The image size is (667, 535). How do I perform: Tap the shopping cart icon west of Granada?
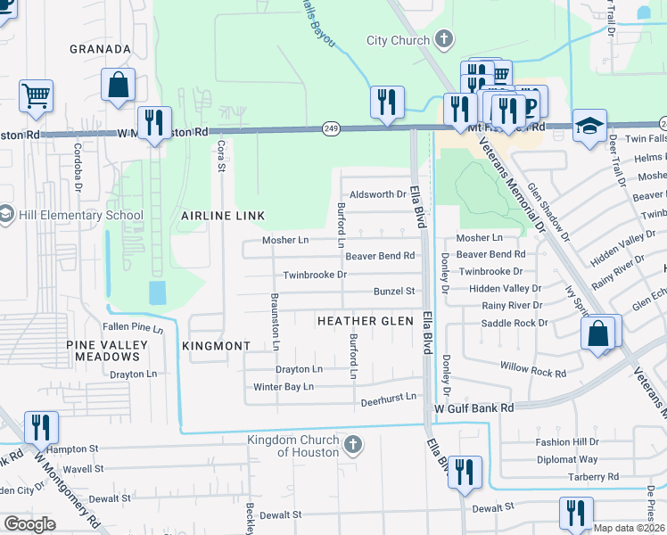click(x=36, y=95)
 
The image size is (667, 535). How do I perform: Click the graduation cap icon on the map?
click(x=589, y=125)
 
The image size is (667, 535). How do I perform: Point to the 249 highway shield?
click(x=332, y=130)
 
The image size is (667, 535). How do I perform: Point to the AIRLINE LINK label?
click(x=219, y=217)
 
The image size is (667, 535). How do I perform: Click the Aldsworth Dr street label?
click(x=378, y=194)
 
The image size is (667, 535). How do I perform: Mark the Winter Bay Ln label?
click(x=284, y=387)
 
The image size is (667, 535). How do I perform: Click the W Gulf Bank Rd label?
click(x=474, y=407)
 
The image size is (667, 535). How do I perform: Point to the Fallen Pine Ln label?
click(x=134, y=328)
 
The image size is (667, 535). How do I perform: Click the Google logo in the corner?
click(x=29, y=523)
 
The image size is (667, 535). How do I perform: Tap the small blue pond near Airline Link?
click(x=158, y=292)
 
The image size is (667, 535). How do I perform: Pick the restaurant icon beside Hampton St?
click(x=41, y=428)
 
